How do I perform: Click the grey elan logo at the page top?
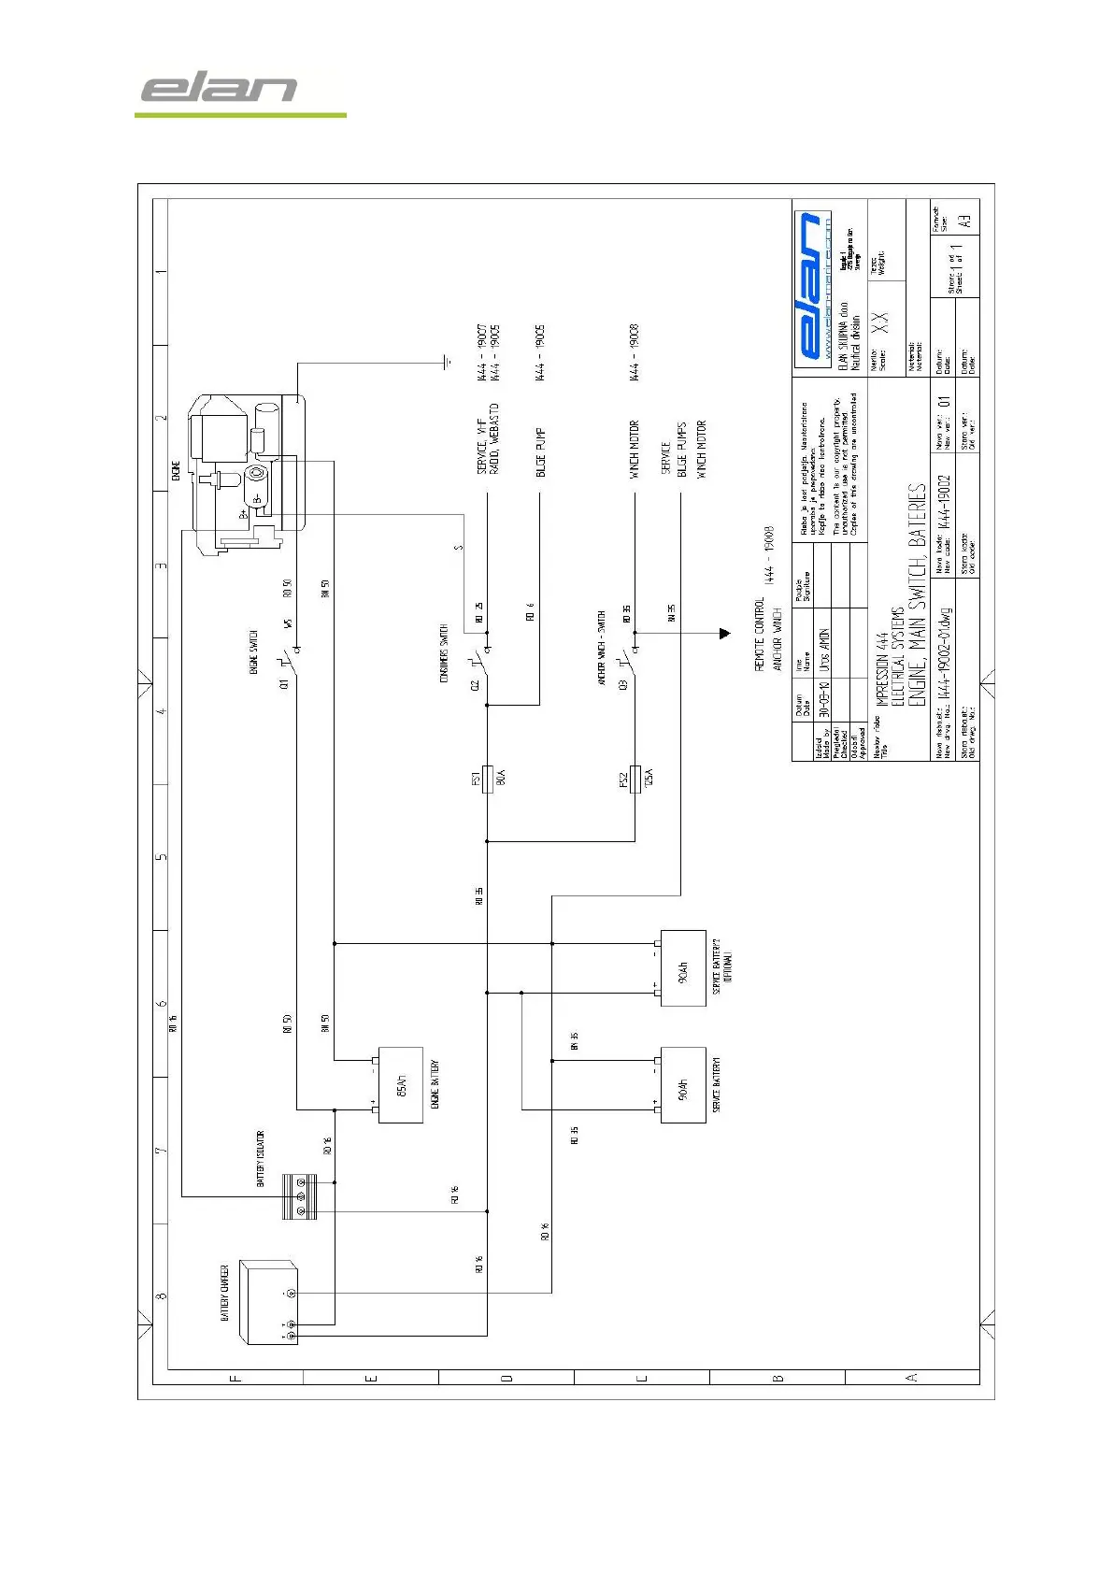(220, 89)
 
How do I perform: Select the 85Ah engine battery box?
(401, 1085)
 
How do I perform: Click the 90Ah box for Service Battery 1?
(683, 1085)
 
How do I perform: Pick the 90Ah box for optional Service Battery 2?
(683, 967)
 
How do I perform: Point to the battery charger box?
(269, 1302)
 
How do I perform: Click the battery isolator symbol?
(300, 1196)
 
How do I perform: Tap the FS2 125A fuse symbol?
(635, 778)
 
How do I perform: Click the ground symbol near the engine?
(449, 362)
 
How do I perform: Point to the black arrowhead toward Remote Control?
(724, 634)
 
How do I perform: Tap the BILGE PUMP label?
(540, 452)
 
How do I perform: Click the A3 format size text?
(966, 222)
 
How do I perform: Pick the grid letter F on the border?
(235, 1377)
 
